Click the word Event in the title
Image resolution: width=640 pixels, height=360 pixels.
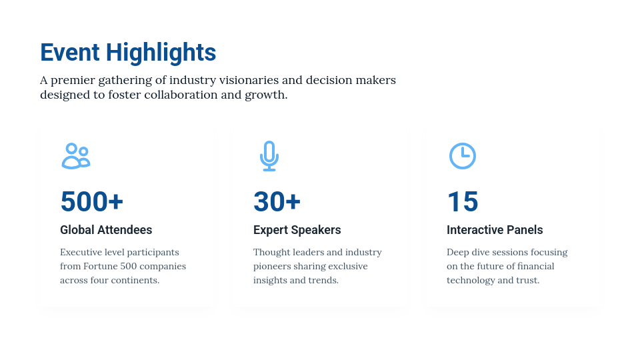70,52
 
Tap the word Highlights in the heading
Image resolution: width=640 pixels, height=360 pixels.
161,53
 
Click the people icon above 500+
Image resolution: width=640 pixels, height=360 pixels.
76,156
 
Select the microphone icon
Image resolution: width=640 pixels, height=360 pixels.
269,156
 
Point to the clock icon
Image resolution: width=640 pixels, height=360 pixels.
463,155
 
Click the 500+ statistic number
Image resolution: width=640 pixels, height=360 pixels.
92,201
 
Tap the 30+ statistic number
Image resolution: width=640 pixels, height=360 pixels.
277,201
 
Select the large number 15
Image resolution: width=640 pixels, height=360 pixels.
463,201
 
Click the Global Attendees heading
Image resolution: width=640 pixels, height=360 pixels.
106,230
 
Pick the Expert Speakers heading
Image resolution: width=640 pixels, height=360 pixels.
297,230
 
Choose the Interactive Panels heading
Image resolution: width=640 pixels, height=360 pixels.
495,230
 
